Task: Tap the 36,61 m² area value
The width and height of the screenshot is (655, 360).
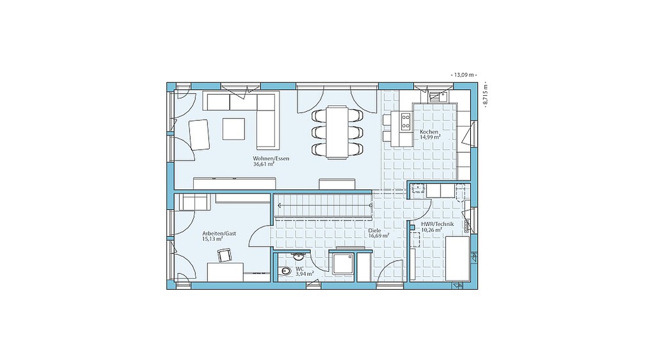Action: pos(263,164)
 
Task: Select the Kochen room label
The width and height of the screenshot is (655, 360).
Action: pos(429,132)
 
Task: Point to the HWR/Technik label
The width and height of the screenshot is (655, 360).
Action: pos(438,224)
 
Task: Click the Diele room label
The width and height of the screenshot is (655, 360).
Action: pos(374,231)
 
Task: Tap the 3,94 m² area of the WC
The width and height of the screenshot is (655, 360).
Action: pos(304,274)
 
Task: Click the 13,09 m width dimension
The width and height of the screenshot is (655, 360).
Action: pos(464,75)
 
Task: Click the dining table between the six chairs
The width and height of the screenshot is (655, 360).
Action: pos(337,132)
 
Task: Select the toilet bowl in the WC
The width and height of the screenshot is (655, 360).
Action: pos(285,272)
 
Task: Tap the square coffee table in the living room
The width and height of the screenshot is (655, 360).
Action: pos(233,129)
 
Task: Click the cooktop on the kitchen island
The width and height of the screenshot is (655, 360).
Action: pos(406,122)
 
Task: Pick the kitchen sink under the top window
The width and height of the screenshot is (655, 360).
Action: pos(438,97)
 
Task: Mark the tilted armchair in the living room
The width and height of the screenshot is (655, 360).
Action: pos(199,134)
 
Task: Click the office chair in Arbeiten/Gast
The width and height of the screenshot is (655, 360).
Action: pos(225,254)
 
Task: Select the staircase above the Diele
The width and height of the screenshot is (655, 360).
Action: pos(324,205)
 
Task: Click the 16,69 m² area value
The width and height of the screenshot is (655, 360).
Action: pos(379,236)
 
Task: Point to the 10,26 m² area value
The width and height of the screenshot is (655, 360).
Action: pos(432,230)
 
